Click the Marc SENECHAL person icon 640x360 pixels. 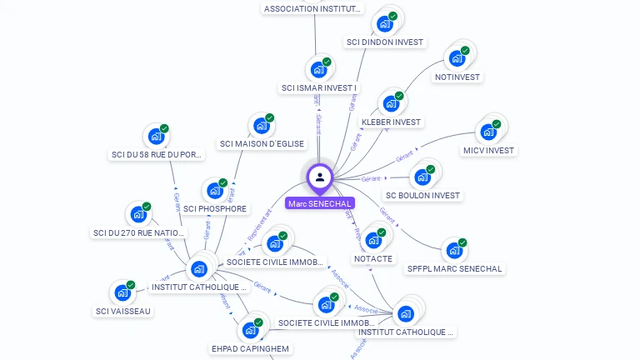(320, 177)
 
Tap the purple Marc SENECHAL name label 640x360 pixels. (320, 203)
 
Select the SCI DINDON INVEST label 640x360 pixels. (384, 42)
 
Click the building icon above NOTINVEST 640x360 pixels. (456, 58)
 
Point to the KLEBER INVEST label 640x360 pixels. (392, 122)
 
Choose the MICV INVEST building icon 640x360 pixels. (487, 132)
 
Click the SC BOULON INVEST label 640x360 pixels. (422, 195)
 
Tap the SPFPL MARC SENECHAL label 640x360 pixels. (454, 268)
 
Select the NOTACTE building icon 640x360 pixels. (373, 240)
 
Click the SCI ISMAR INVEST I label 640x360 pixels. (319, 87)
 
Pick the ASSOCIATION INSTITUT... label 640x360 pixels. (313, 8)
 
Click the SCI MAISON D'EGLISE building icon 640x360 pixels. (261, 126)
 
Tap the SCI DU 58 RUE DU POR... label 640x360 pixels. (157, 154)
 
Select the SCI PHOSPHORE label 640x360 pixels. (215, 208)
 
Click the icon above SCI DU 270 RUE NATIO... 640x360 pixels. (137, 214)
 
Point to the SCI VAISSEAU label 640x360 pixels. (123, 311)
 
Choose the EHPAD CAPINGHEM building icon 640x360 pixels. (250, 330)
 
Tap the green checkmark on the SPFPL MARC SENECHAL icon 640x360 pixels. (462, 242)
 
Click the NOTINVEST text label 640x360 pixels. (457, 77)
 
